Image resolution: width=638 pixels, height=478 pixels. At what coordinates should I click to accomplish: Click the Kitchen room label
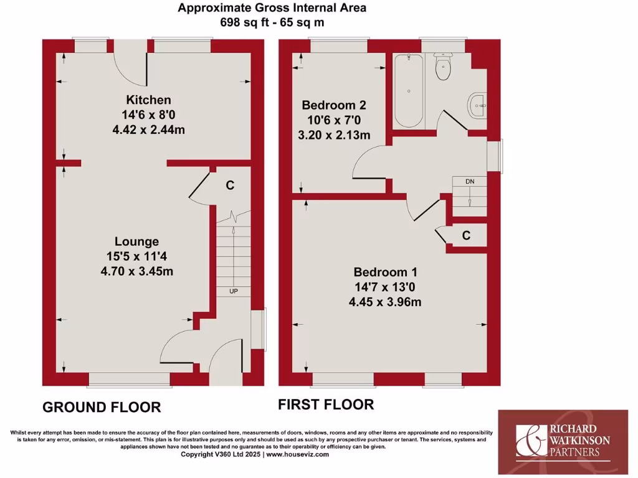tap(148, 100)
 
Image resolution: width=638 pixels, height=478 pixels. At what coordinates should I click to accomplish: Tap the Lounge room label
tap(136, 241)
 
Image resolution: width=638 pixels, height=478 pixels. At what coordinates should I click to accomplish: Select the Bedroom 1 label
tap(385, 272)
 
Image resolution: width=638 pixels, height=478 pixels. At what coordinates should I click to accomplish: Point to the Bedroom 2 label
tap(333, 105)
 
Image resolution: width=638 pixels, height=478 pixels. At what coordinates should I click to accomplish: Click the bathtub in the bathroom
tap(409, 90)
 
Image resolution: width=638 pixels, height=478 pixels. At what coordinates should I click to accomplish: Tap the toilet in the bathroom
tap(444, 68)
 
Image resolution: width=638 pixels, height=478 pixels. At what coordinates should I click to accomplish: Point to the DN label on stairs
tap(470, 181)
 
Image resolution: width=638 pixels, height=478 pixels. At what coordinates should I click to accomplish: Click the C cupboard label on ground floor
tap(230, 185)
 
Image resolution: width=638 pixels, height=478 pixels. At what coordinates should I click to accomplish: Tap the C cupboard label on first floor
tap(465, 235)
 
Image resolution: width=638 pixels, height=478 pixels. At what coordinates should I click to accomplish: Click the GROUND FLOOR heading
tap(102, 408)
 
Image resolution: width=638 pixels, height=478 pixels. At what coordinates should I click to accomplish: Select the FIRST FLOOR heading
tap(326, 405)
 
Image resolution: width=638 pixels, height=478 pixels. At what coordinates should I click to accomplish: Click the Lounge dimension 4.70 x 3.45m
tap(136, 271)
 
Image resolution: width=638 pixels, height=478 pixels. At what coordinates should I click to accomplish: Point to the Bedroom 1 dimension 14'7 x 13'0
tap(385, 287)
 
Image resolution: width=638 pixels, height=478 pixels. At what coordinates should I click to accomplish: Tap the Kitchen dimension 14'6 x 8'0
tap(148, 115)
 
